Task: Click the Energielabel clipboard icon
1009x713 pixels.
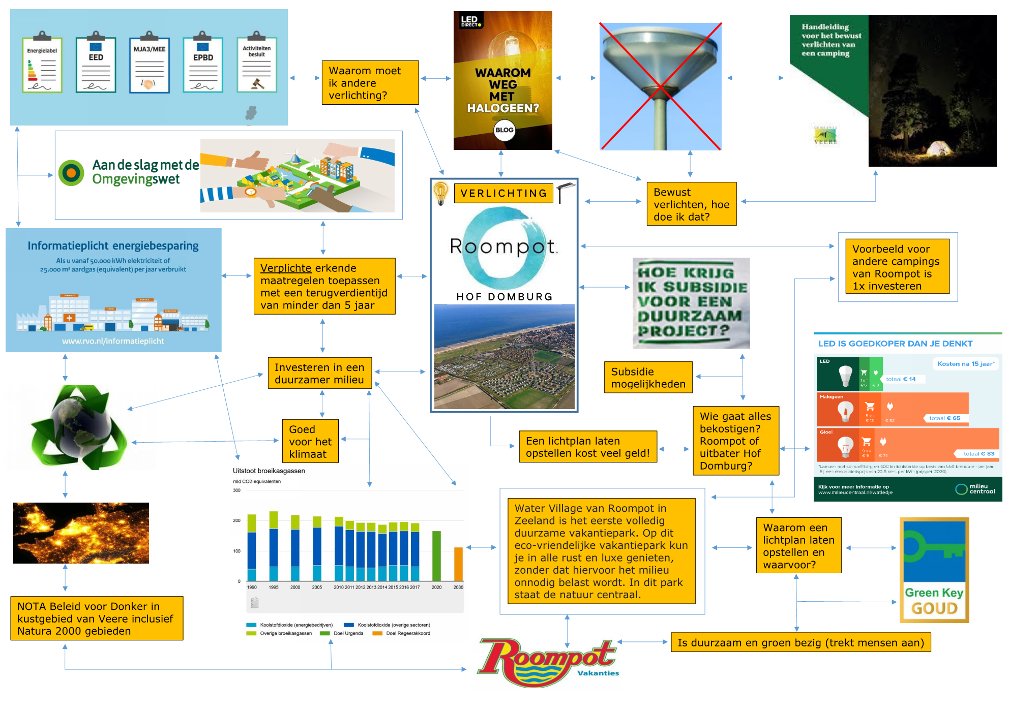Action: point(42,64)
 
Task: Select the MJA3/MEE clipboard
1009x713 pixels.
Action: point(149,64)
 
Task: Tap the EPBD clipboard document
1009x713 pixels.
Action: point(203,64)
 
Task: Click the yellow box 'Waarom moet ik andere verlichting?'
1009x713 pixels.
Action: point(370,83)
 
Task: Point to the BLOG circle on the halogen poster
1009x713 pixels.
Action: point(504,130)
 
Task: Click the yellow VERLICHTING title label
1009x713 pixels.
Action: point(503,194)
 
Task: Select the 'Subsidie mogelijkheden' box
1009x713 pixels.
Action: point(648,378)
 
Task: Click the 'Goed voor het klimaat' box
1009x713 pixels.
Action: point(310,441)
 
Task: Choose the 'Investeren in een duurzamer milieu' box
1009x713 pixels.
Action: point(319,373)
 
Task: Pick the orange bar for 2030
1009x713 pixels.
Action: point(458,564)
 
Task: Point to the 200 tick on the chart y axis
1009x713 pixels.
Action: point(236,520)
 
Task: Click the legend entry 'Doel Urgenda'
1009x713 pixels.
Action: point(348,633)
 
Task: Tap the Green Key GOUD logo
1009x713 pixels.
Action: point(934,570)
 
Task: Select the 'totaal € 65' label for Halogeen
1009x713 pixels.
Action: point(944,418)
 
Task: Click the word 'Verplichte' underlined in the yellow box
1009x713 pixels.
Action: point(286,268)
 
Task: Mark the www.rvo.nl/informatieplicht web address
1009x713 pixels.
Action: point(113,341)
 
